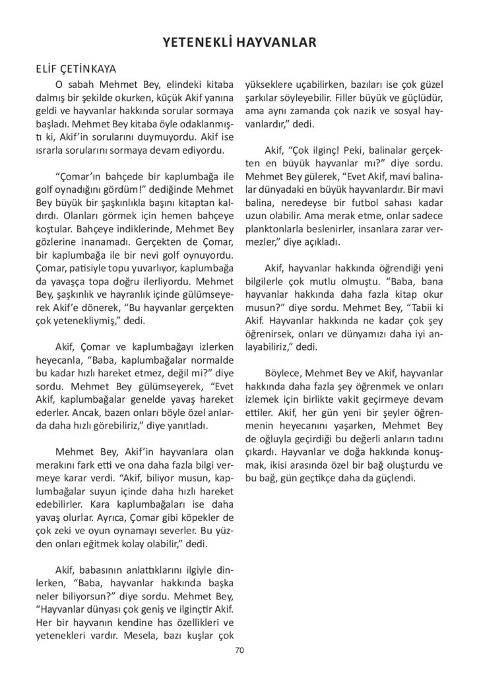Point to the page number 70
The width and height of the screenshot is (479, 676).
tap(239, 651)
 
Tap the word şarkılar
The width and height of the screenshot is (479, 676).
tap(265, 99)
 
